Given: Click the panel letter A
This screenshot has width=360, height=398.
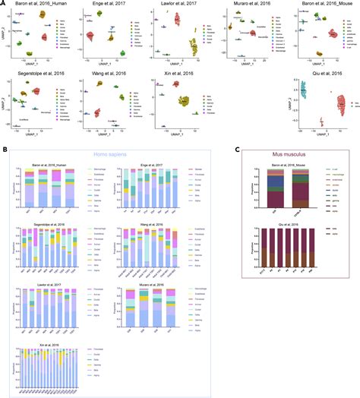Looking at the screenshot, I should point(4,4).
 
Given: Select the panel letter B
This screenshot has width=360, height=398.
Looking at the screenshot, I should point(4,133).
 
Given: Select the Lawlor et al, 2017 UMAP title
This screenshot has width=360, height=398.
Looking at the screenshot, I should point(176,5).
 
